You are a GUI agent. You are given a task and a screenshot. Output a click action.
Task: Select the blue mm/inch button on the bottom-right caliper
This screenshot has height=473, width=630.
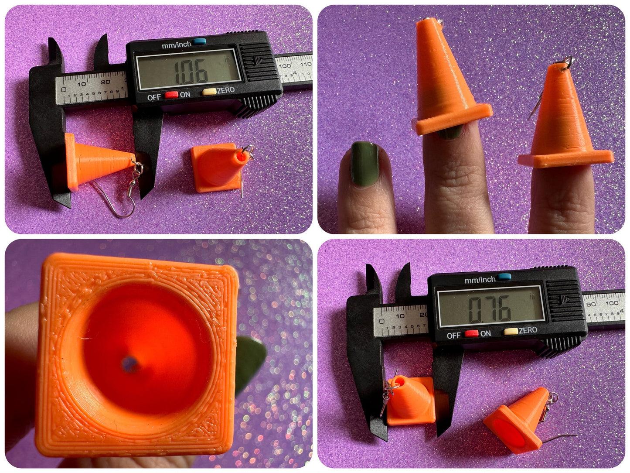[x=504, y=277]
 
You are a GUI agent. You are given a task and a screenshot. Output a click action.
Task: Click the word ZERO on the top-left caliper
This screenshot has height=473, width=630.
[x=226, y=90]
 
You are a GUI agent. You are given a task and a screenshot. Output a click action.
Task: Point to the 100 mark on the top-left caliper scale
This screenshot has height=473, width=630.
[x=284, y=66]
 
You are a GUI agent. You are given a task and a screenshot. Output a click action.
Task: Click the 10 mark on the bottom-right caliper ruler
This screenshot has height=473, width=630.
[x=400, y=315]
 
